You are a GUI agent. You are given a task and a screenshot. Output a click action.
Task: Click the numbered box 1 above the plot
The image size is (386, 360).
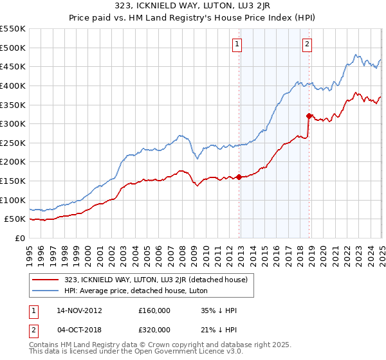click(237, 44)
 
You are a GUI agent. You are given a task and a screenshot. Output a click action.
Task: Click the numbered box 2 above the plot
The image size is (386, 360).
click(307, 44)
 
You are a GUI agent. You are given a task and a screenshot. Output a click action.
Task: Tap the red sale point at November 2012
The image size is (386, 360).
click(239, 177)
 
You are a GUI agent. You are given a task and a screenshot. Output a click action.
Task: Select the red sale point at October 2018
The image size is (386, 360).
click(309, 116)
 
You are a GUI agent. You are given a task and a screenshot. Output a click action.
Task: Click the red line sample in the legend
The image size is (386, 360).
click(45, 279)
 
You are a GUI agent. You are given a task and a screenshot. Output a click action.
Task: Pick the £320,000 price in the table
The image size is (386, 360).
click(154, 328)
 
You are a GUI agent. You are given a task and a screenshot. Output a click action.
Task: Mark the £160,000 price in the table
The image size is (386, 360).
click(154, 310)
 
